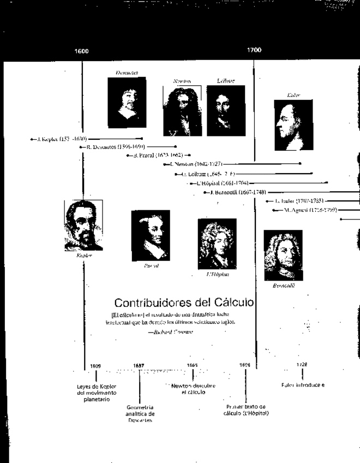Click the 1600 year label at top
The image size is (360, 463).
click(81, 51)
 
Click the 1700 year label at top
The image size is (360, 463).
click(254, 50)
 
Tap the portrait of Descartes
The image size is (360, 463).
click(127, 102)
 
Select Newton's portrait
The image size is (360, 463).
click(182, 111)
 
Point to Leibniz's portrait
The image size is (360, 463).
click(222, 111)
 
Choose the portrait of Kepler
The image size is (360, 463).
click(83, 225)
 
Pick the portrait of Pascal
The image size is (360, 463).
click(151, 235)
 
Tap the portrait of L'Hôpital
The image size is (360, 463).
click(217, 244)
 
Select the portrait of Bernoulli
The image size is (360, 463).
click(283, 256)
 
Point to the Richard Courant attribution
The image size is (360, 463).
click(174, 331)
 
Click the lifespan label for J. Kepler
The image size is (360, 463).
click(62, 139)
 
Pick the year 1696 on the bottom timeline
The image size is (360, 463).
click(245, 365)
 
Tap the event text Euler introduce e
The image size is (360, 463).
click(303, 385)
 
